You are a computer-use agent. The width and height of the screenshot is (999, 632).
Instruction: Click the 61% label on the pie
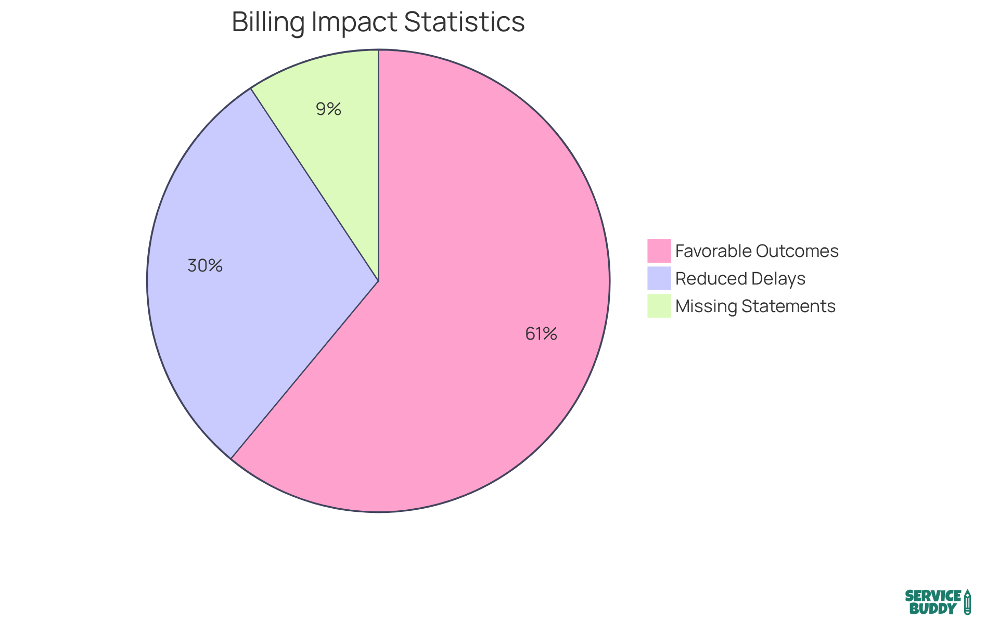[541, 334]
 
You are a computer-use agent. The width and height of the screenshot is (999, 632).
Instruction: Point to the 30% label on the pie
[205, 266]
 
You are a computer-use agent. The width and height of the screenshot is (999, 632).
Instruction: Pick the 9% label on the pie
[328, 109]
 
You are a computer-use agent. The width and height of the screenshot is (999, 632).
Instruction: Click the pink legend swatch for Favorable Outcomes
[659, 251]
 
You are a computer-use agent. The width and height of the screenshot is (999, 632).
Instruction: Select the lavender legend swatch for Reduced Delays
[659, 278]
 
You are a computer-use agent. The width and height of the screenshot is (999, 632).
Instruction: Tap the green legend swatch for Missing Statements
[659, 306]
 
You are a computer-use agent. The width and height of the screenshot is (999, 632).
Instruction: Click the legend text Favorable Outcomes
[757, 251]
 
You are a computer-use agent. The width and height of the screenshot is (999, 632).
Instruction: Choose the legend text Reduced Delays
[740, 279]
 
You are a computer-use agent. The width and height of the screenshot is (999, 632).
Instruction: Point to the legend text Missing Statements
[755, 306]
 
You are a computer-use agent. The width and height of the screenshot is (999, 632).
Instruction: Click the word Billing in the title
[268, 22]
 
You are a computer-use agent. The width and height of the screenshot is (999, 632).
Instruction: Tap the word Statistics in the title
[464, 22]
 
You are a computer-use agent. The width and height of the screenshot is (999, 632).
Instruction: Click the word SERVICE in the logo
[933, 596]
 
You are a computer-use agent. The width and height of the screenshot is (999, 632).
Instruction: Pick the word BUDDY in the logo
[933, 609]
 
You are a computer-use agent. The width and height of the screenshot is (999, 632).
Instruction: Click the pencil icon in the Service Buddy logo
[967, 602]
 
